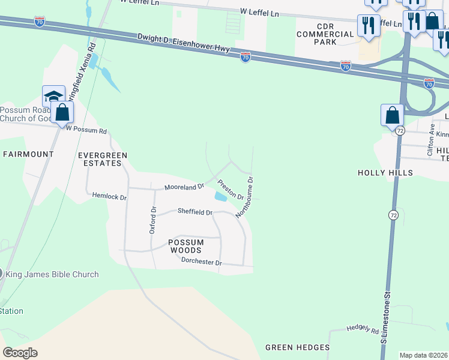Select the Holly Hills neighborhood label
point(385,173)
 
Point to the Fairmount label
point(28,154)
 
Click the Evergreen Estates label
point(103,159)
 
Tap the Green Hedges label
point(297,347)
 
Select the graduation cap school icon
point(53,96)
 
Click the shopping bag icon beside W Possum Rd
point(62,112)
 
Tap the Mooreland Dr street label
point(185,187)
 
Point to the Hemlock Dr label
point(110,196)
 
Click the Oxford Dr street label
point(152,220)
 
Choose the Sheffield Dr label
point(195,212)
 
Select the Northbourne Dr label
point(245,196)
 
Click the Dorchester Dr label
point(202,263)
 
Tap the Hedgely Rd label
point(363,330)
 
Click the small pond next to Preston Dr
point(221,196)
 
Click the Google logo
point(20,353)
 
